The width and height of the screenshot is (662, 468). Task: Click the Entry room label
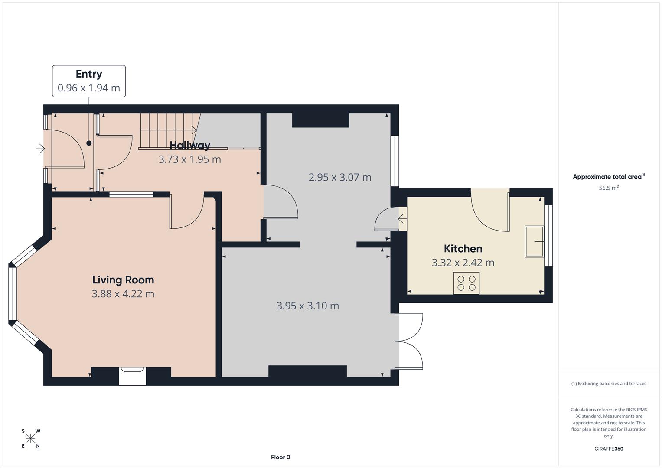coord(89,74)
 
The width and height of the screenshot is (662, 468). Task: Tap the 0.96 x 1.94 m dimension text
coord(89,88)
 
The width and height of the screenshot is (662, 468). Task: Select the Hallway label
coord(190,145)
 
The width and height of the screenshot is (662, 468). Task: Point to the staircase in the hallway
coord(167,130)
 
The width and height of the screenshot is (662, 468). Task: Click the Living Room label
coord(123,280)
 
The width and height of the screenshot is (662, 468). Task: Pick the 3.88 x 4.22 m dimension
coord(123,294)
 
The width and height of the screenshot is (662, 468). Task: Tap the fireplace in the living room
coord(132,376)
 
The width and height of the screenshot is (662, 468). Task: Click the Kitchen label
coord(463,249)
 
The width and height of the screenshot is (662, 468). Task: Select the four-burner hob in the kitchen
coord(466,283)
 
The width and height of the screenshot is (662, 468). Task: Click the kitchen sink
coord(535,241)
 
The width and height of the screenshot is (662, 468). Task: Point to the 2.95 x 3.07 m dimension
coord(340,177)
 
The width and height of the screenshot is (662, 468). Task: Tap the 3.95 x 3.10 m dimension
coord(308,306)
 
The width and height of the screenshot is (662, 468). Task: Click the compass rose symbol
coord(30,439)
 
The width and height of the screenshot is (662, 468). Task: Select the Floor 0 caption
coord(280,457)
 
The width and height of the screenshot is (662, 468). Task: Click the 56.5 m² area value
coord(609,188)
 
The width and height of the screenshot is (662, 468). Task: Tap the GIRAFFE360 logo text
coord(609,449)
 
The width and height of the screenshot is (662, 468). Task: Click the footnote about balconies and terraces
coord(609,383)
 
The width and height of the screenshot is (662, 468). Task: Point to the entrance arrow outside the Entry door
coord(40,149)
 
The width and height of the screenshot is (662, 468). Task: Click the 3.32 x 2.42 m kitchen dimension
coord(463,263)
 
